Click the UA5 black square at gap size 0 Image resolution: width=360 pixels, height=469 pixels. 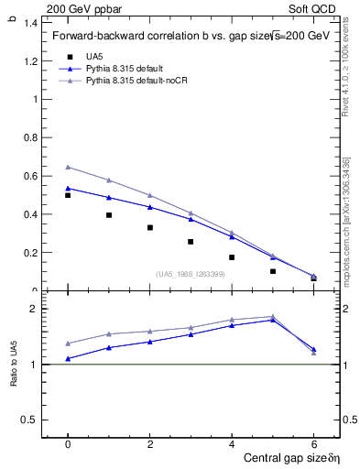point(68,195)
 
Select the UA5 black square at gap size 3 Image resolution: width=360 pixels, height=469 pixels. point(191,242)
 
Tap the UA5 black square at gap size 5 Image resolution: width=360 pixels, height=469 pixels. point(273,271)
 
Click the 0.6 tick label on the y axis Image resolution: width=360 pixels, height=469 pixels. point(30,176)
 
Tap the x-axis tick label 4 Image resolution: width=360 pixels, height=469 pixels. point(232,443)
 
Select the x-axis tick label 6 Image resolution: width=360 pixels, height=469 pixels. point(313,443)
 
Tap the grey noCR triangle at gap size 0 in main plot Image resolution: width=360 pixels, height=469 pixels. point(68,167)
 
